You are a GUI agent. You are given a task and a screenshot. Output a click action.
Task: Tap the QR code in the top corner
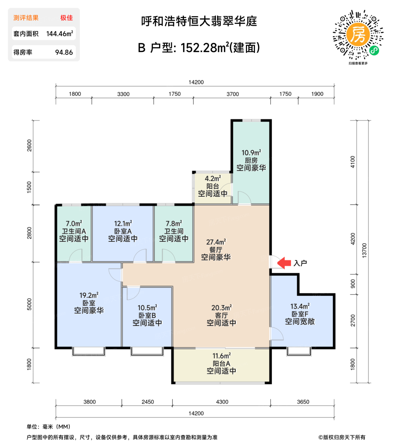click(358, 35)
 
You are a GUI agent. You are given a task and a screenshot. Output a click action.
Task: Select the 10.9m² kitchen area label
click(251, 153)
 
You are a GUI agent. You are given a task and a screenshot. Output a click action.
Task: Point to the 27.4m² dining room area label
click(216, 242)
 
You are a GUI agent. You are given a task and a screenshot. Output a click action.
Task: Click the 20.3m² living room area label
click(222, 308)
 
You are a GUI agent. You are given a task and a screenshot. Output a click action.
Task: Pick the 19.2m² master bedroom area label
click(89, 295)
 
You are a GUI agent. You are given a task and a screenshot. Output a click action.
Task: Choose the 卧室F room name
click(300, 314)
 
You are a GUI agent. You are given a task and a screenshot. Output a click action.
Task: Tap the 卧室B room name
click(147, 315)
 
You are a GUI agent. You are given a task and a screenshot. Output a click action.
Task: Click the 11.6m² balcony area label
click(222, 356)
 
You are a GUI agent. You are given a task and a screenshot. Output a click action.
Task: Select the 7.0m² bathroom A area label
click(74, 223)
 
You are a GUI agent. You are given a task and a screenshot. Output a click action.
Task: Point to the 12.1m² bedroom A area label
click(123, 223)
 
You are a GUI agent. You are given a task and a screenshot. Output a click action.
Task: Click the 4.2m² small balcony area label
click(213, 178)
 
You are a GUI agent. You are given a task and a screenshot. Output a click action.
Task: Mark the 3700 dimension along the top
click(233, 94)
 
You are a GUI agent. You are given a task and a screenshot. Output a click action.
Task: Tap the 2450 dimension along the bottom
click(148, 402)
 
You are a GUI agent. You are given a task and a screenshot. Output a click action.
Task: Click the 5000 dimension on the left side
click(29, 304)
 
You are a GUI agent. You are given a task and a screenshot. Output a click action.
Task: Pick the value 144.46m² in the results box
click(60, 34)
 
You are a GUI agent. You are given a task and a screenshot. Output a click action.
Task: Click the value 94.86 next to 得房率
click(64, 52)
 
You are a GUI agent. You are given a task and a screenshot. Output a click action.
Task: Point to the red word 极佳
click(66, 18)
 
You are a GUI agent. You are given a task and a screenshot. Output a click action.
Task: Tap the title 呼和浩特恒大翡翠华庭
click(199, 21)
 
